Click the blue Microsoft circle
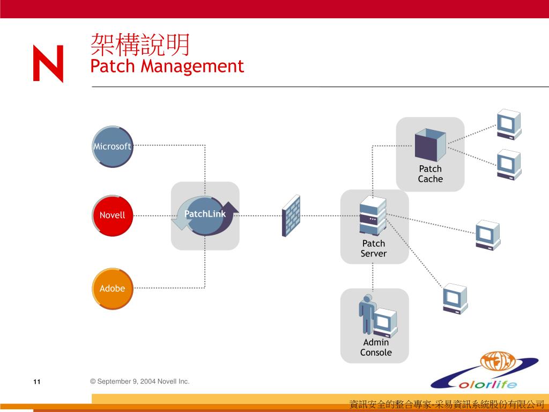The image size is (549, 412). pyautogui.click(x=112, y=146)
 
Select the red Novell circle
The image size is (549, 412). pyautogui.click(x=112, y=215)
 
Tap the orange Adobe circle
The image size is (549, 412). pyautogui.click(x=112, y=289)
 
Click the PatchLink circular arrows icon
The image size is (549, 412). pyautogui.click(x=205, y=216)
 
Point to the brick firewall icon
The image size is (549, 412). pyautogui.click(x=291, y=216)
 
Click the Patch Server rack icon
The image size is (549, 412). pyautogui.click(x=373, y=216)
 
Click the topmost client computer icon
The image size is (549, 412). pyautogui.click(x=508, y=124)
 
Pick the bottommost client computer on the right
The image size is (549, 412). pyautogui.click(x=455, y=298)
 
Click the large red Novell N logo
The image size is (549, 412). pyautogui.click(x=48, y=63)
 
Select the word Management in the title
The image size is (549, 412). pyautogui.click(x=192, y=67)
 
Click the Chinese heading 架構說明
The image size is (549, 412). pyautogui.click(x=140, y=45)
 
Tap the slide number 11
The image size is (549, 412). pyautogui.click(x=36, y=382)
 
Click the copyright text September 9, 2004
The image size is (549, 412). pyautogui.click(x=139, y=381)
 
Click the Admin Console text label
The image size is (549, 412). pyautogui.click(x=375, y=347)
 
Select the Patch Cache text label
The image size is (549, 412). pyautogui.click(x=430, y=174)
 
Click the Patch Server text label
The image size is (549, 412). pyautogui.click(x=373, y=248)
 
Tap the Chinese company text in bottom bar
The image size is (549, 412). pyautogui.click(x=447, y=404)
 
